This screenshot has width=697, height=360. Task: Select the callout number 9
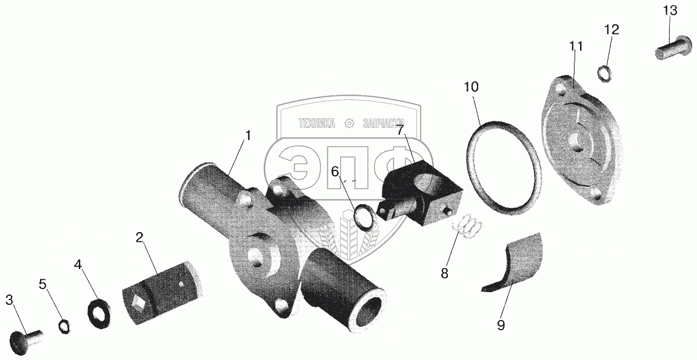pyautogui.click(x=501, y=325)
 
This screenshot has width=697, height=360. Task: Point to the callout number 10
pyautogui.click(x=471, y=87)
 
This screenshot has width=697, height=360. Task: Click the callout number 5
pyautogui.click(x=42, y=284)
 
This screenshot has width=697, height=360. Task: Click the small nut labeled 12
pyautogui.click(x=604, y=74)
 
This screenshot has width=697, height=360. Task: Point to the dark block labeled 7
pyautogui.click(x=418, y=191)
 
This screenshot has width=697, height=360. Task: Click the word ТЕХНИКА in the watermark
pyautogui.click(x=316, y=123)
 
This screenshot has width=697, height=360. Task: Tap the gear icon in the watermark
pyautogui.click(x=348, y=123)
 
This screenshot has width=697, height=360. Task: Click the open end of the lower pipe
pyautogui.click(x=367, y=314)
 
